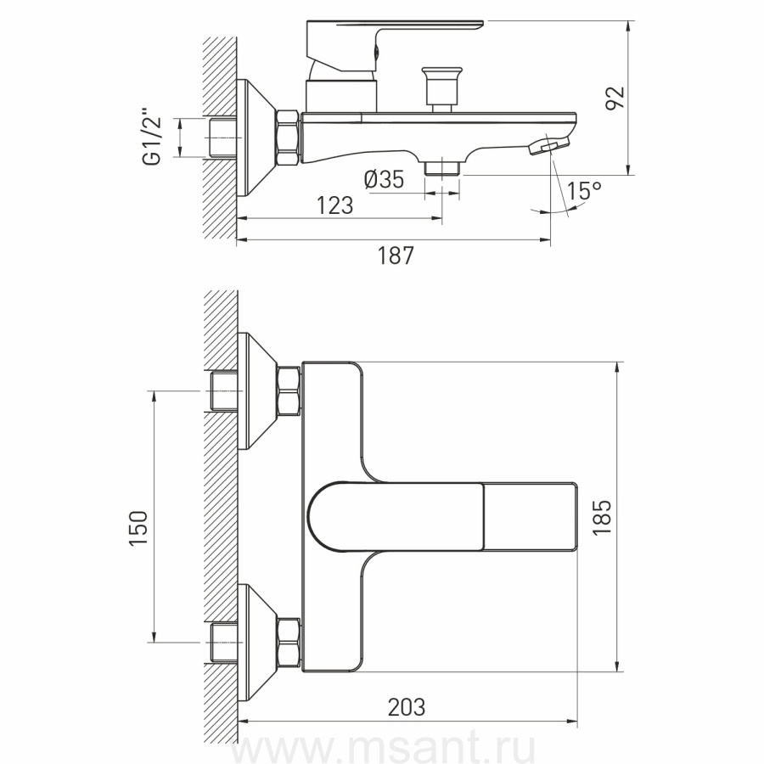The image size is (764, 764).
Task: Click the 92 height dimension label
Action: [x=615, y=98]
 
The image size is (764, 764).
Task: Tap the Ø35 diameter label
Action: [x=384, y=179]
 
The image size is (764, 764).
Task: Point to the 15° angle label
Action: [x=584, y=190]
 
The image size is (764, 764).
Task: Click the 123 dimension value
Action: [x=335, y=205]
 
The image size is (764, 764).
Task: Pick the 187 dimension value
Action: [x=396, y=256]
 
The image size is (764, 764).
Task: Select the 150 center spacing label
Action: [x=139, y=528]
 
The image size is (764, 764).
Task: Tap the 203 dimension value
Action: [x=407, y=707]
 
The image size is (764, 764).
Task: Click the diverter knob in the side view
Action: [x=441, y=89]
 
